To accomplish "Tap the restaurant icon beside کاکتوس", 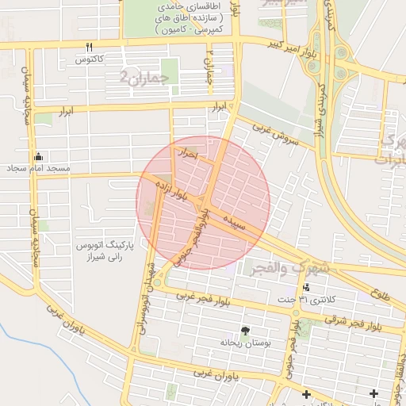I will [x=89, y=47].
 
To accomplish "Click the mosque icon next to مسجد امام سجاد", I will [x=38, y=156].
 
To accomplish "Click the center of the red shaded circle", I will [x=203, y=203].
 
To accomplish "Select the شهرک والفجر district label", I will [x=285, y=268].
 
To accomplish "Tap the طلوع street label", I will [x=380, y=294].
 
